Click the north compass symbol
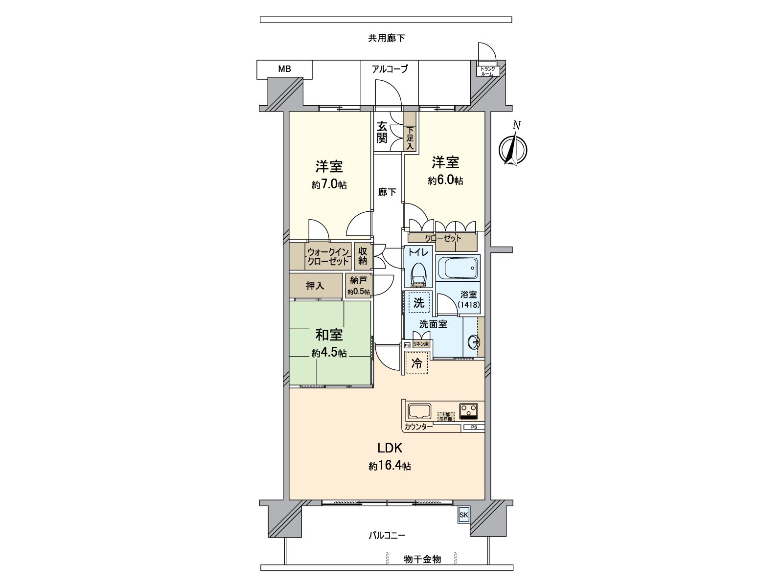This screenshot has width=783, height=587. click(512, 149)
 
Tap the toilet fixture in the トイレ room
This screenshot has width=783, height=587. click(418, 275)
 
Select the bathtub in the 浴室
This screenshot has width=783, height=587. click(457, 267)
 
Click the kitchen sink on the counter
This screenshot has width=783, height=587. click(419, 411)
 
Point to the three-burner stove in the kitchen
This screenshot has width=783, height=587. click(469, 410)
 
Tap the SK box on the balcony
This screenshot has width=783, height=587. click(463, 515)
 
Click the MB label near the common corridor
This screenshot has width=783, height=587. click(284, 69)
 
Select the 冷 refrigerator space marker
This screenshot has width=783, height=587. click(416, 363)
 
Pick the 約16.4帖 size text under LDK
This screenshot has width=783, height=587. click(390, 466)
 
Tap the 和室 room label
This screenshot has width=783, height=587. click(329, 335)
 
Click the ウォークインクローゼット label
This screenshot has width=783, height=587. click(328, 257)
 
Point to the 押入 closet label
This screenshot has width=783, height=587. click(315, 286)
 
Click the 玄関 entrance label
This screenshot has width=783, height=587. click(382, 132)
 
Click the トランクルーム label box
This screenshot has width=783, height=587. click(487, 71)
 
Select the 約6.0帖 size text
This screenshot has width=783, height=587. click(445, 181)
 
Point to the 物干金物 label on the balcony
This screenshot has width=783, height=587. click(422, 559)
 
